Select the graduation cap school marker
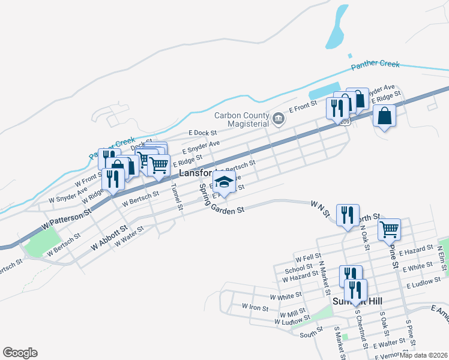[224, 182]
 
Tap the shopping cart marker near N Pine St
[389, 229]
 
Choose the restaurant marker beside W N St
[348, 214]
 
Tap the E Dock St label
[202, 133]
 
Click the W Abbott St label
[109, 238]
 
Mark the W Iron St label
[254, 306]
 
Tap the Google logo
[20, 353]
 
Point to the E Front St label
[303, 107]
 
